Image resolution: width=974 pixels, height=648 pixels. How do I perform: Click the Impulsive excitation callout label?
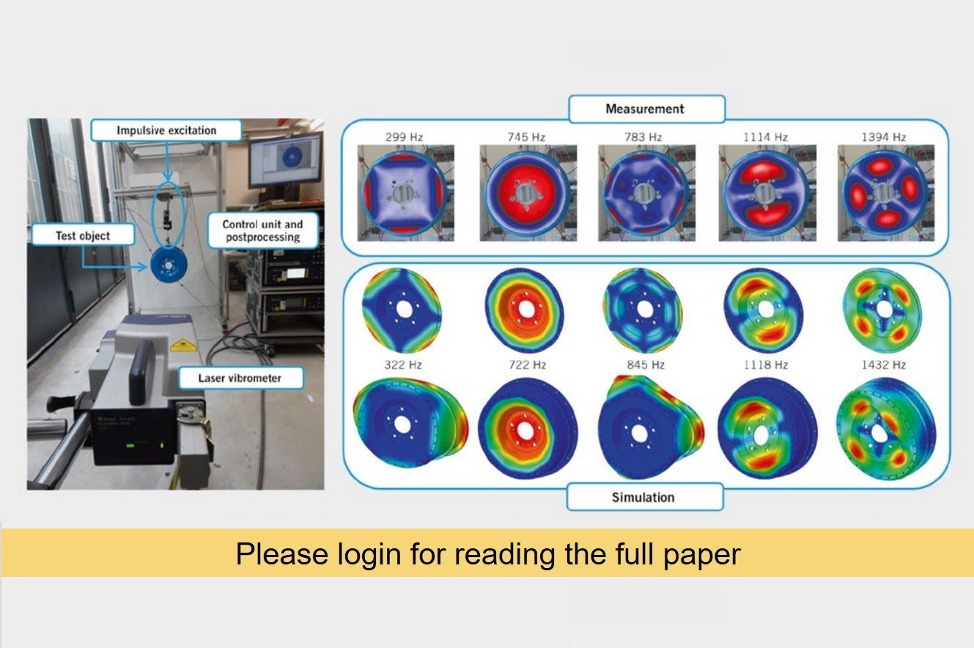click(166, 130)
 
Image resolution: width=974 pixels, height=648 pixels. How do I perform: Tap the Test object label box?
click(83, 235)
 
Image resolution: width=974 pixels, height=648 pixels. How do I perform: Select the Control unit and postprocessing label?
click(262, 230)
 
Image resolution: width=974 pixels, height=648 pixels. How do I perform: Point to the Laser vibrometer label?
click(230, 378)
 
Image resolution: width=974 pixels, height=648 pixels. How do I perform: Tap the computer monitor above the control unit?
click(285, 160)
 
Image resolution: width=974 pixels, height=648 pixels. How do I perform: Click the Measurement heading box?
click(644, 109)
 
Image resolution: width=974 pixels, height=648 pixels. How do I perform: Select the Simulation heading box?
click(643, 497)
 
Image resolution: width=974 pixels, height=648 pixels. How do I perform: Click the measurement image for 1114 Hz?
click(766, 193)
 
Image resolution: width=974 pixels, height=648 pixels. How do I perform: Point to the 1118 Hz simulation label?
click(764, 364)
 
